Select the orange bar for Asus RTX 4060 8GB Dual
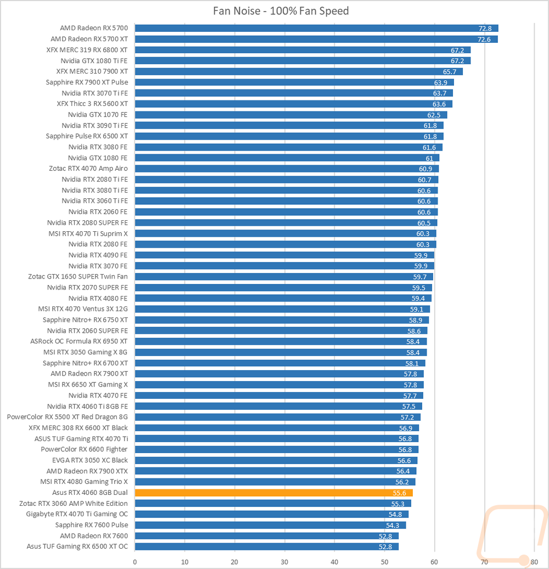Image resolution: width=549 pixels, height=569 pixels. [x=273, y=493]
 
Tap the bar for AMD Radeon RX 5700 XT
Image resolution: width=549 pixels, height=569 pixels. [x=316, y=39]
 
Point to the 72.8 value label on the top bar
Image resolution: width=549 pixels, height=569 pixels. [x=485, y=29]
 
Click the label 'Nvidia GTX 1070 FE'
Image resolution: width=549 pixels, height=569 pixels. [x=98, y=115]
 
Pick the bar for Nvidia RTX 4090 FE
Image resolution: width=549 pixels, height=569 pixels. [x=284, y=255]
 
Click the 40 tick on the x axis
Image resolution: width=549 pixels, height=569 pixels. [x=334, y=561]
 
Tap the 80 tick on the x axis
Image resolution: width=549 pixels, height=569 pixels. [x=534, y=561]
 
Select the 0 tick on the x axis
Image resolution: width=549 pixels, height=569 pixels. [x=135, y=561]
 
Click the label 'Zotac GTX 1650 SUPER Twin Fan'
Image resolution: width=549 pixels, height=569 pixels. [x=78, y=276]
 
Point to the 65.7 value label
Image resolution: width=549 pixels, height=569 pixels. [x=450, y=71]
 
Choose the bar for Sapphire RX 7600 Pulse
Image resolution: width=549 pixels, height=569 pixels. [x=270, y=525]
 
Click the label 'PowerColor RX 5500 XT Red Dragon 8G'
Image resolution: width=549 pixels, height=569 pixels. [x=68, y=417]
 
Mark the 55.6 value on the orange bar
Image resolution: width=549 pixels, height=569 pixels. [x=400, y=493]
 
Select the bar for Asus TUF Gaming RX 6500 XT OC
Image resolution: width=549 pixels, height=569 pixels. [x=266, y=546]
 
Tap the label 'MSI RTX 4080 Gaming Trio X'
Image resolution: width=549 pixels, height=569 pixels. [x=84, y=482]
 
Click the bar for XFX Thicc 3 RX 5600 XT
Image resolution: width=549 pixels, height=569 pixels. [x=293, y=104]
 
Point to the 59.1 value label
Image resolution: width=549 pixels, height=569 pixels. [x=417, y=309]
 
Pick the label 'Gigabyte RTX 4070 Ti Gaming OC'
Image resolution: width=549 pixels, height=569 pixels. [x=77, y=514]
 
